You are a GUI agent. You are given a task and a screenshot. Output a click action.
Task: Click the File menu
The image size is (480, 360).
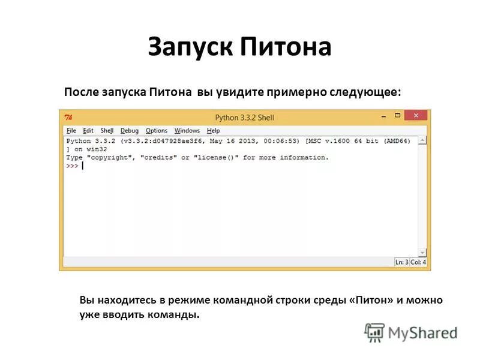71,131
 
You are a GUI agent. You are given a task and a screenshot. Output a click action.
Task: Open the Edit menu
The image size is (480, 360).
88,131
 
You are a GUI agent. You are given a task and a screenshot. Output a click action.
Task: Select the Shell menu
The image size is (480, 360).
107,131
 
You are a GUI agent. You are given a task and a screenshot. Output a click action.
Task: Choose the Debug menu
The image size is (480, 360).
129,131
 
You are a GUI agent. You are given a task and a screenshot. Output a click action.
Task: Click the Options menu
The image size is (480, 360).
156,131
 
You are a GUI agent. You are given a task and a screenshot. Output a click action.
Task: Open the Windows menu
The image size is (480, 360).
187,131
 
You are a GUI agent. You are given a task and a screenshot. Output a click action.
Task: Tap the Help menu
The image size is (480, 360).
213,131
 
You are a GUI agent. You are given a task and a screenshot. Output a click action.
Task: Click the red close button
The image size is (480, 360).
415,116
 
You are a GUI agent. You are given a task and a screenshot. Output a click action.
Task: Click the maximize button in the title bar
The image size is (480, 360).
397,115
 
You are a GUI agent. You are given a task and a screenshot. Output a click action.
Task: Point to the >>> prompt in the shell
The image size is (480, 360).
72,166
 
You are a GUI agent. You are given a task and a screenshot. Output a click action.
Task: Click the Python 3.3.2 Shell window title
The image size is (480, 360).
244,118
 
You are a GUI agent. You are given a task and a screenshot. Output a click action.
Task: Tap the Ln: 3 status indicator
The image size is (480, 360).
401,262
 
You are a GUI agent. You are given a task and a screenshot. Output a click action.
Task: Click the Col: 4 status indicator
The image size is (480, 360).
418,262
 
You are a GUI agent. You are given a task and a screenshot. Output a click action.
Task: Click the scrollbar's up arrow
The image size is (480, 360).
422,140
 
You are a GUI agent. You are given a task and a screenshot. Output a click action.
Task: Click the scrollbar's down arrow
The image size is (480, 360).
422,253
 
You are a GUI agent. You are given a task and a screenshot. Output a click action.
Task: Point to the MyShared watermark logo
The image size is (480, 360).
410,332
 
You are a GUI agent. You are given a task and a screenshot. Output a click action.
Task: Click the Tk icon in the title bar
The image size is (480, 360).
68,118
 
